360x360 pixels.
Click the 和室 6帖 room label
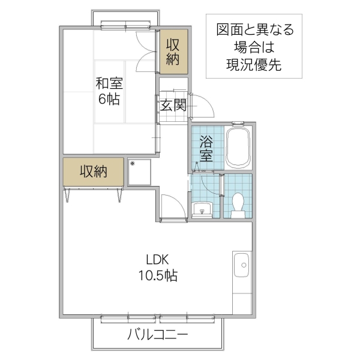[109, 91]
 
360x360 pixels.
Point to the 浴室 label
[207, 149]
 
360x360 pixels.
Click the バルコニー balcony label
[158, 335]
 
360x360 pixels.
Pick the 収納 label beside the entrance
[173, 52]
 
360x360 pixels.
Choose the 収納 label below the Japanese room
[94, 172]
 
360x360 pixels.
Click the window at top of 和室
[126, 25]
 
